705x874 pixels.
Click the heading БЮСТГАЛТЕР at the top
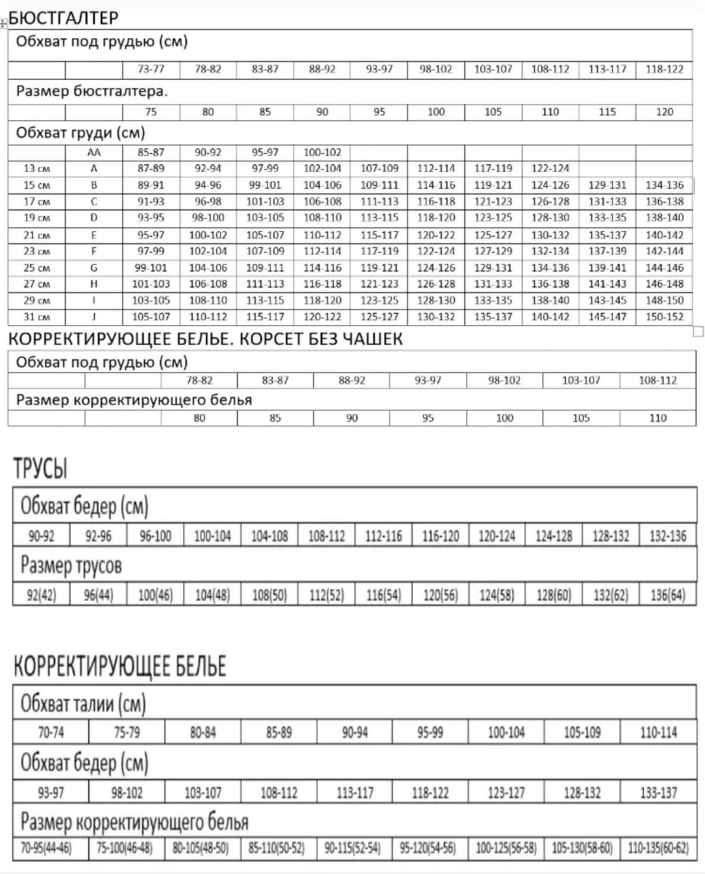[64, 18]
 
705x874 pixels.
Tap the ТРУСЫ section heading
[40, 469]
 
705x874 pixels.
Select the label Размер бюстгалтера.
[92, 91]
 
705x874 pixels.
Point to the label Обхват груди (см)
[80, 133]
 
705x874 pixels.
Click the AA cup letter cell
[94, 152]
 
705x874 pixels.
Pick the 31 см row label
[37, 317]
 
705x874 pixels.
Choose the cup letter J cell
[94, 317]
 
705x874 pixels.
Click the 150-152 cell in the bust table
[664, 317]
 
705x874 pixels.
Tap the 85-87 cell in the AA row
[151, 152]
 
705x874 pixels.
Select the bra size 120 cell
[664, 112]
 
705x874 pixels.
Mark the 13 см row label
[37, 168]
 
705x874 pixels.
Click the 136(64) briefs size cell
[668, 595]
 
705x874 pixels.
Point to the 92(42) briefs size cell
[41, 595]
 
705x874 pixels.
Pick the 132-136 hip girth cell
[668, 536]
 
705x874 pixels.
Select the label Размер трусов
[71, 565]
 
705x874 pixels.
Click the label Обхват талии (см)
[83, 703]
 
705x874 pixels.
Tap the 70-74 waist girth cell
[51, 732]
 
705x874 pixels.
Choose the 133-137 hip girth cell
[658, 792]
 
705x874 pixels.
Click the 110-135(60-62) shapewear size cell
[658, 848]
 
